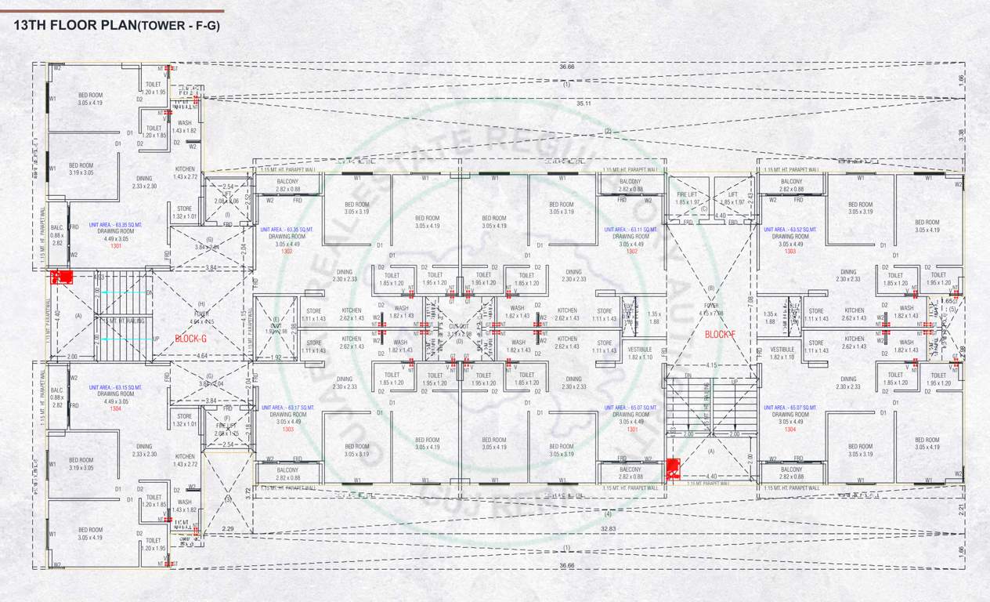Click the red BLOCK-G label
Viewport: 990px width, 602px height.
pyautogui.click(x=191, y=339)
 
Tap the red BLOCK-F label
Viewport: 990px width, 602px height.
pyautogui.click(x=720, y=334)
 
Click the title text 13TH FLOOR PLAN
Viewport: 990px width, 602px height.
pyautogui.click(x=75, y=25)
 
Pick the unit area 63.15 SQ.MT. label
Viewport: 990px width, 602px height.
pyautogui.click(x=115, y=387)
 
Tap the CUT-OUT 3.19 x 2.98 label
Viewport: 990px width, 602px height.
pyautogui.click(x=459, y=330)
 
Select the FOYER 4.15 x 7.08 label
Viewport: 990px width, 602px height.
pyautogui.click(x=710, y=310)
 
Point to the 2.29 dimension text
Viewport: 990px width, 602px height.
pyautogui.click(x=228, y=530)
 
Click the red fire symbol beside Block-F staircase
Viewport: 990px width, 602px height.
pyautogui.click(x=671, y=469)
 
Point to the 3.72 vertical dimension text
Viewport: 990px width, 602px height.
pyautogui.click(x=248, y=491)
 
